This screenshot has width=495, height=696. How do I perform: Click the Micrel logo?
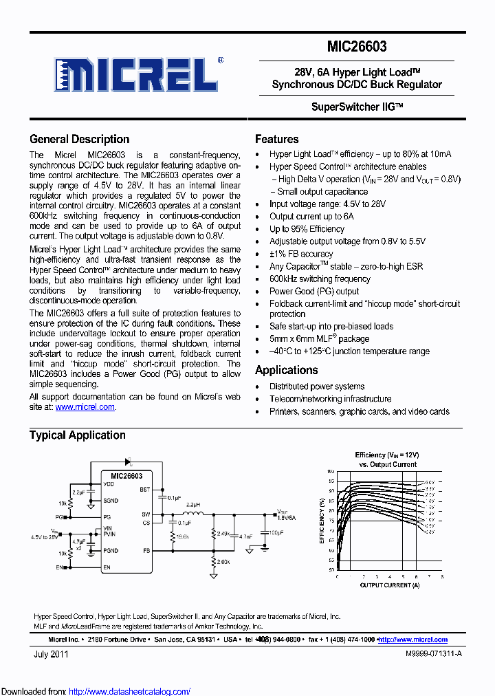click(137, 72)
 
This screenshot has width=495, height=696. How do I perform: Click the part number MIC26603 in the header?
click(357, 47)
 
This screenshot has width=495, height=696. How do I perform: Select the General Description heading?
click(79, 139)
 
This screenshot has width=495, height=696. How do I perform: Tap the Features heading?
click(276, 139)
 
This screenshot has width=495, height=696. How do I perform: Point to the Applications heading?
click(286, 370)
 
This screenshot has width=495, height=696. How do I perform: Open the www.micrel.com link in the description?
click(85, 407)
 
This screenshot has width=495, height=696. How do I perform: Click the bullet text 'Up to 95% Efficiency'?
click(307, 229)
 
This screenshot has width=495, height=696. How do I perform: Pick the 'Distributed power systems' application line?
click(317, 387)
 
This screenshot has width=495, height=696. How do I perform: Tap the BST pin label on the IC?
click(144, 490)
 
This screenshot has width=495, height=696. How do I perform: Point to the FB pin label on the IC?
click(146, 551)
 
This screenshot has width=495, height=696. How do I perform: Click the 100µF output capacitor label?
click(276, 532)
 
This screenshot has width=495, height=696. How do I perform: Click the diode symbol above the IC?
click(128, 463)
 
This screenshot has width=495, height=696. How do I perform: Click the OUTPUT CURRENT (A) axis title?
click(390, 585)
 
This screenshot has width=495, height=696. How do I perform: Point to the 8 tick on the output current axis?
click(442, 576)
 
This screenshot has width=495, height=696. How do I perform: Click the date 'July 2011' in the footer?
click(51, 655)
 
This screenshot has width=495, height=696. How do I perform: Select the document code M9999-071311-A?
click(433, 655)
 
